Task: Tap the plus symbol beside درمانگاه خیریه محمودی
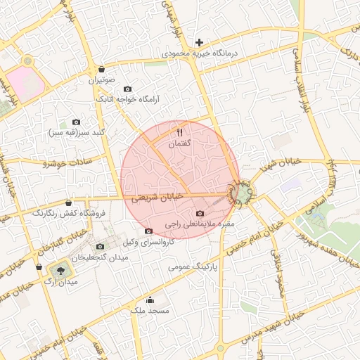pyautogui.click(x=200, y=43)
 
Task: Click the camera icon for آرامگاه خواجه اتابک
pyautogui.click(x=127, y=89)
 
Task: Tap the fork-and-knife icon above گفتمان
pyautogui.click(x=179, y=132)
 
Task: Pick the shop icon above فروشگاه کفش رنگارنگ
pyautogui.click(x=68, y=202)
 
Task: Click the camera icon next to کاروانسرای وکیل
pyautogui.click(x=148, y=231)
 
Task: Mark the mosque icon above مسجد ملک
pyautogui.click(x=148, y=300)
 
